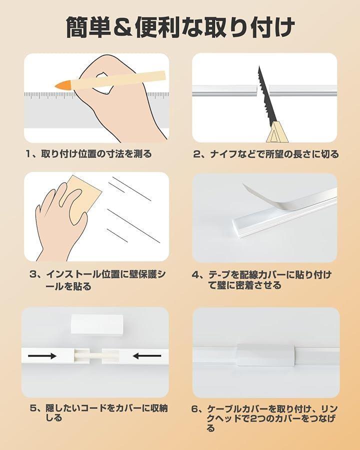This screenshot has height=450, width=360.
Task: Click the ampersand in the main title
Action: tap(122, 28)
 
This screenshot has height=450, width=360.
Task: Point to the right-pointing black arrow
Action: tap(42, 356)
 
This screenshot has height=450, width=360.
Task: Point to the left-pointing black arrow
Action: tap(146, 356)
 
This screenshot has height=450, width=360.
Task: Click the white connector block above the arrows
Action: tap(96, 324)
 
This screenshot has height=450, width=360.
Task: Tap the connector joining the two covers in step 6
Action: tap(265, 354)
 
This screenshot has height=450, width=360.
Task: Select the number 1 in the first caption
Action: tap(28, 154)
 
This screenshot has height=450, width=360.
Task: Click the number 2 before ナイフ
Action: tap(197, 154)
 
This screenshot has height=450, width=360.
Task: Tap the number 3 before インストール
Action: tap(33, 274)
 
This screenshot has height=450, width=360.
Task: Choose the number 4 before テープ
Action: tap(195, 275)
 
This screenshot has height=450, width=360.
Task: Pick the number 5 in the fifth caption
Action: tap(33, 408)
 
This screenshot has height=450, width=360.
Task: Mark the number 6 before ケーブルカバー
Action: tap(195, 409)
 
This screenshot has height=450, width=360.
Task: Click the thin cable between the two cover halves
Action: tap(96, 356)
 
